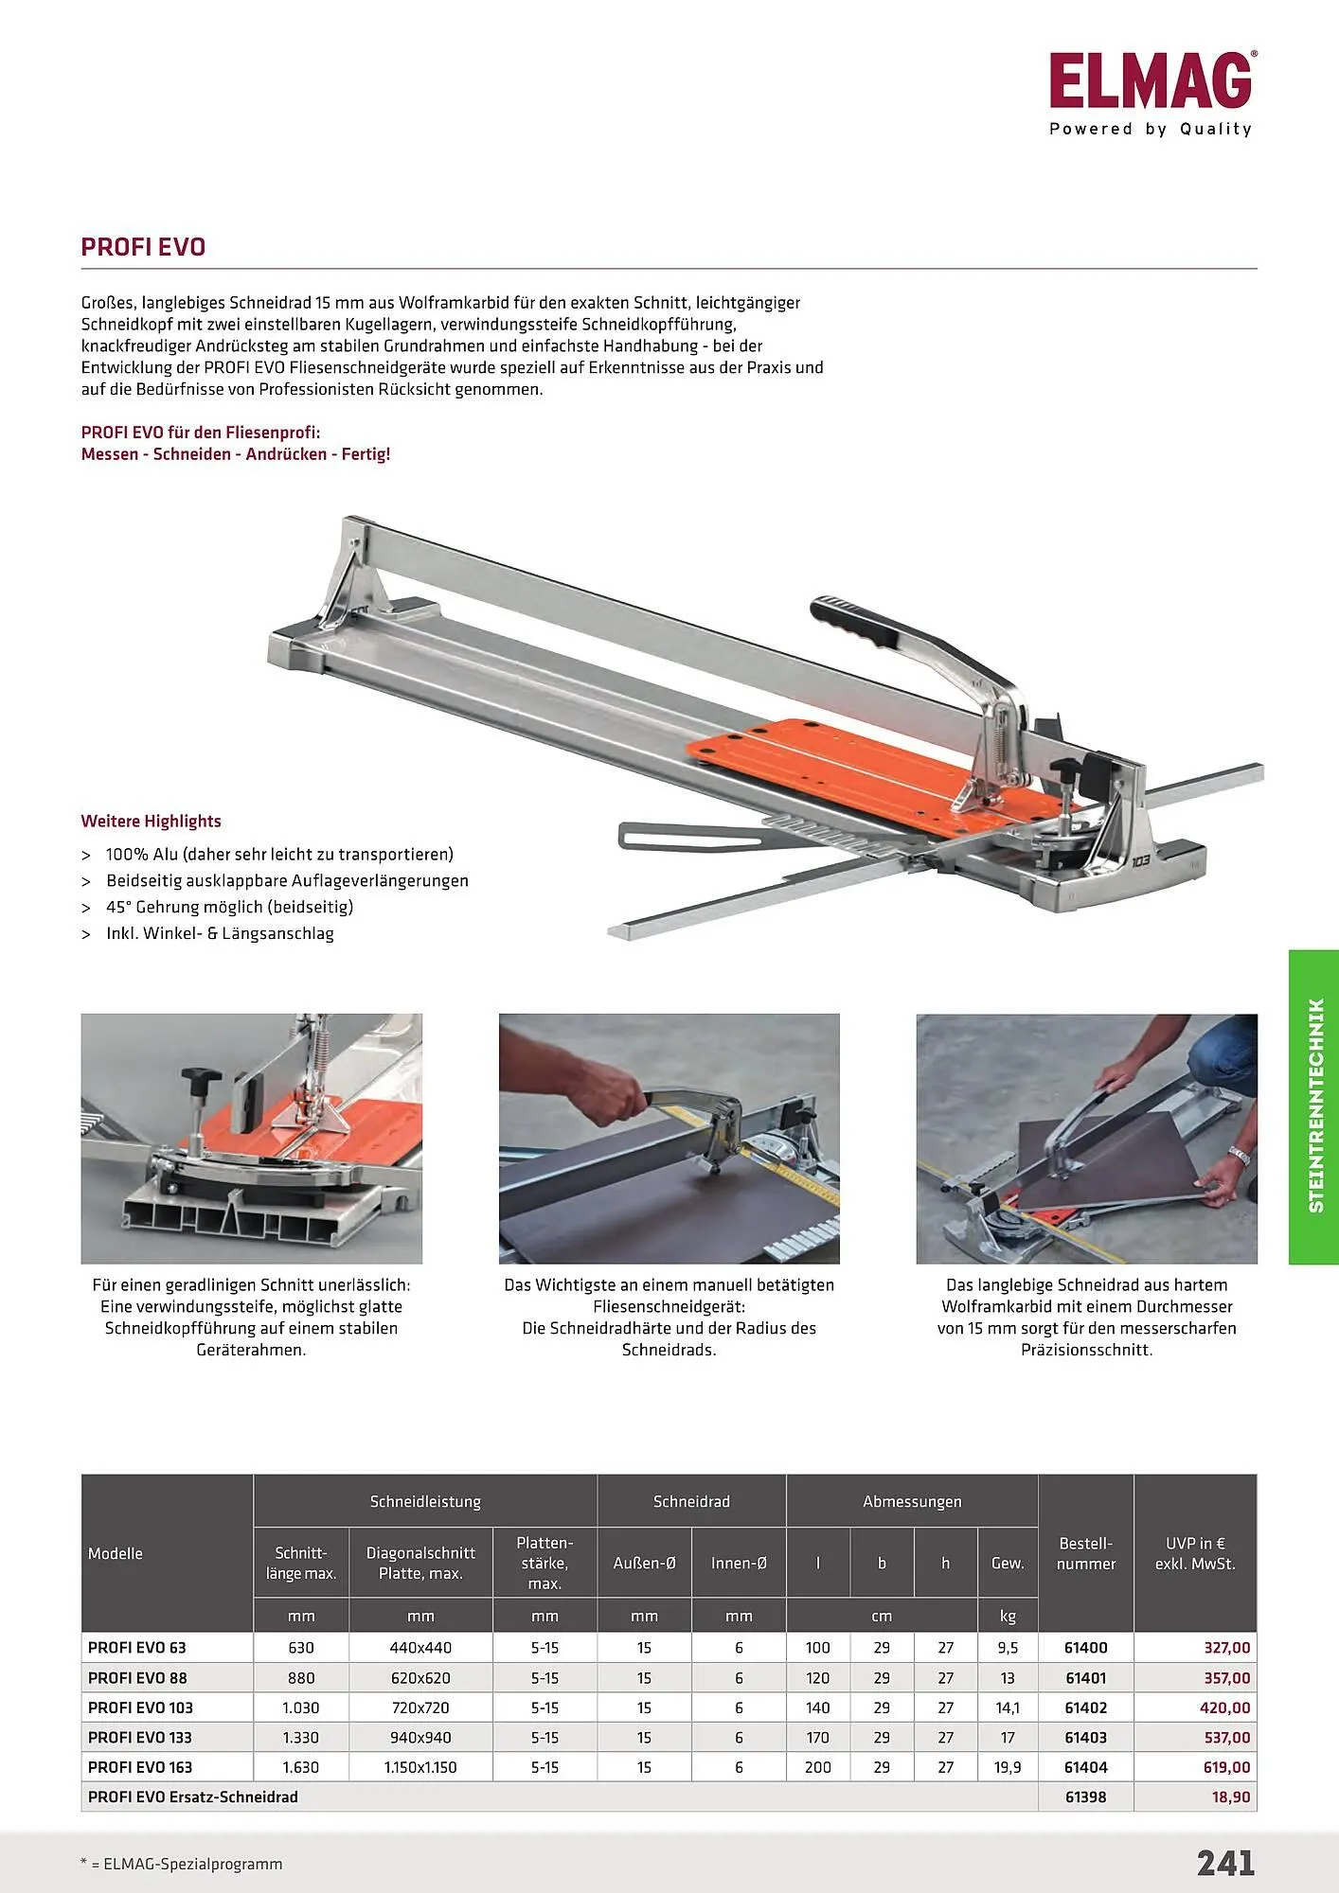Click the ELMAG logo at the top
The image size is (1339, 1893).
pyautogui.click(x=1151, y=82)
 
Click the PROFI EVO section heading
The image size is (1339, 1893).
pyautogui.click(x=143, y=247)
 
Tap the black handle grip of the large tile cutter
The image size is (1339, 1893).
pyautogui.click(x=851, y=621)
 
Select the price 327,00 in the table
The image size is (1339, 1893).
pyautogui.click(x=1226, y=1648)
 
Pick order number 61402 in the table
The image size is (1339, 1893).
pyautogui.click(x=1085, y=1707)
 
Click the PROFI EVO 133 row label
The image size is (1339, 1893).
pyautogui.click(x=140, y=1738)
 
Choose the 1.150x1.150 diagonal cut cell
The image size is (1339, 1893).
pyautogui.click(x=420, y=1767)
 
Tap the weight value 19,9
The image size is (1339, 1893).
pyautogui.click(x=1008, y=1767)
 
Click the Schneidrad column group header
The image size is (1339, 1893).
pyautogui.click(x=691, y=1501)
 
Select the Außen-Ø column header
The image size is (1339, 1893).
pyautogui.click(x=644, y=1563)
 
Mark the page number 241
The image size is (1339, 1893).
pyautogui.click(x=1225, y=1863)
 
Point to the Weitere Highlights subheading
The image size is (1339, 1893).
pyautogui.click(x=152, y=822)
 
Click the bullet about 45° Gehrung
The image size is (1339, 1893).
pyautogui.click(x=229, y=907)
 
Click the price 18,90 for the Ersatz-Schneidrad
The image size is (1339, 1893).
pyautogui.click(x=1230, y=1796)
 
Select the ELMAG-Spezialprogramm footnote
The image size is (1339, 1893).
pyautogui.click(x=182, y=1864)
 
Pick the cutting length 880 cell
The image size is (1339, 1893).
pyautogui.click(x=301, y=1678)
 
